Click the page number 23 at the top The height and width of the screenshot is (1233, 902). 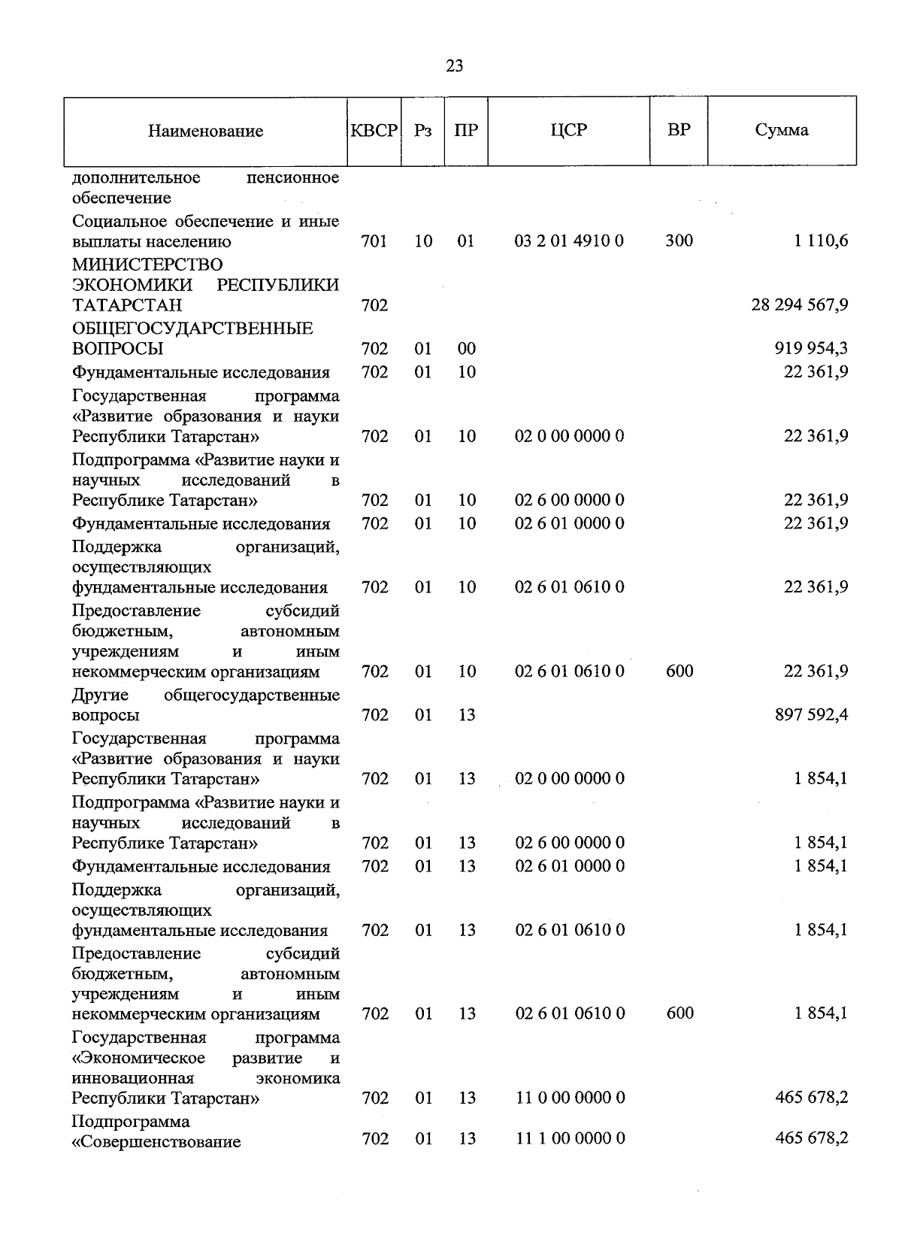tap(454, 66)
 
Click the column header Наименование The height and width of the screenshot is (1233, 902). tap(205, 131)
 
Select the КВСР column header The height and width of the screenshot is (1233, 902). tap(374, 130)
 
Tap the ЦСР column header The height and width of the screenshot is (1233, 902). tap(568, 130)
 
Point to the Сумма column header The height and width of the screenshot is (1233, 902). tap(782, 130)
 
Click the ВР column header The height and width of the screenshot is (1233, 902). tap(679, 130)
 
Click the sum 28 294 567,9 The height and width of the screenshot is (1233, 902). tap(800, 304)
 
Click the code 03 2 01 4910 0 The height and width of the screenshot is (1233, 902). tap(569, 241)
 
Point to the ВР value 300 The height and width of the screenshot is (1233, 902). tap(679, 241)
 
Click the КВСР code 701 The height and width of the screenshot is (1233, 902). tap(374, 241)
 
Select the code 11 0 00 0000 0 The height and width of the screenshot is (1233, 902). tap(569, 1098)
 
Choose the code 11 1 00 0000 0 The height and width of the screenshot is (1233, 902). tap(569, 1138)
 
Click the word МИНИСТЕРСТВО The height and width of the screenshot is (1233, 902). tap(147, 265)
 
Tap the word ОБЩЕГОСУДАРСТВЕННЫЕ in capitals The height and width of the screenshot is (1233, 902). tap(192, 329)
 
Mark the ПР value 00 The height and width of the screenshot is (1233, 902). tap(467, 348)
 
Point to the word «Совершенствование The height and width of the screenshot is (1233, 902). tap(156, 1142)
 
